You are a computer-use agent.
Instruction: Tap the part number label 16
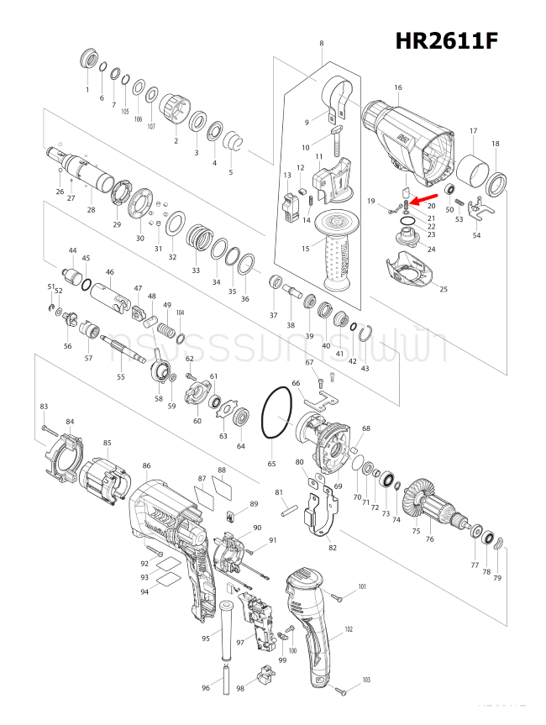(397, 87)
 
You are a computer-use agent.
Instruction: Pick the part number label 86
(146, 465)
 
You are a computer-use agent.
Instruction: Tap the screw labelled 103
(341, 691)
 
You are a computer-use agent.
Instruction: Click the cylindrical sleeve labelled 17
(473, 173)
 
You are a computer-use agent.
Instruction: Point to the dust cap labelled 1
(87, 61)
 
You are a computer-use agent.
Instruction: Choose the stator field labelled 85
(105, 486)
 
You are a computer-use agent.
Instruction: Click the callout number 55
(120, 377)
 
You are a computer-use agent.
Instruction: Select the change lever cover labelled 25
(409, 273)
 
